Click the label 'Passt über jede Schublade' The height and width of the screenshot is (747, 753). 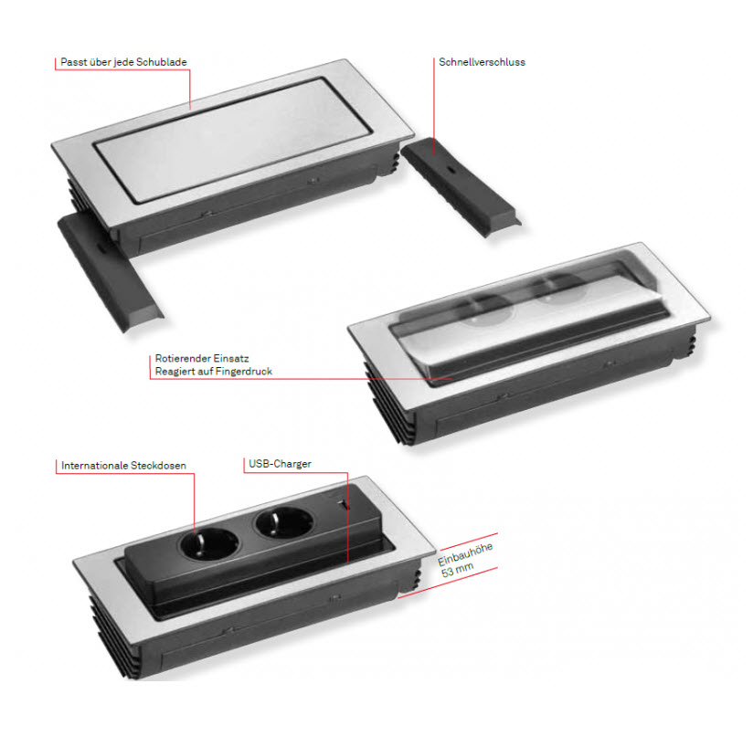[x=123, y=62]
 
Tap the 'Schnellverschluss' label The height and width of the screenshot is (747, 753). [x=482, y=62]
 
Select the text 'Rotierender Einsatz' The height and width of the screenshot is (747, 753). [x=202, y=358]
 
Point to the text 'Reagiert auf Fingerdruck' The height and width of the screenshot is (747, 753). [x=213, y=372]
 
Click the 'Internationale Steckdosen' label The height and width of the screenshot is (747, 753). [x=123, y=466]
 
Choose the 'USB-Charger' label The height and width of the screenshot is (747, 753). [x=280, y=464]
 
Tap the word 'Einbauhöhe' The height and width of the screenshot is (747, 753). [x=465, y=554]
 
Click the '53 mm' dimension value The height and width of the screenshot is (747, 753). [x=457, y=570]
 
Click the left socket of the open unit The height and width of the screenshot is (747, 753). [x=209, y=544]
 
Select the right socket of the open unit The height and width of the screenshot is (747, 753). [x=284, y=523]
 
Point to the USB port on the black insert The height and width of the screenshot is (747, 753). [x=344, y=505]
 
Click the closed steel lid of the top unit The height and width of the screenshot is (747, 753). [x=233, y=140]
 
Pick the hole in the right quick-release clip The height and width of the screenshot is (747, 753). [x=452, y=171]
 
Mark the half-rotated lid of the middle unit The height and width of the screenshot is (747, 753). [x=528, y=317]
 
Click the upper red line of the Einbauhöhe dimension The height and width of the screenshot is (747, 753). [x=469, y=542]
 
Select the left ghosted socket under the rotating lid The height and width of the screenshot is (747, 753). [x=486, y=310]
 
